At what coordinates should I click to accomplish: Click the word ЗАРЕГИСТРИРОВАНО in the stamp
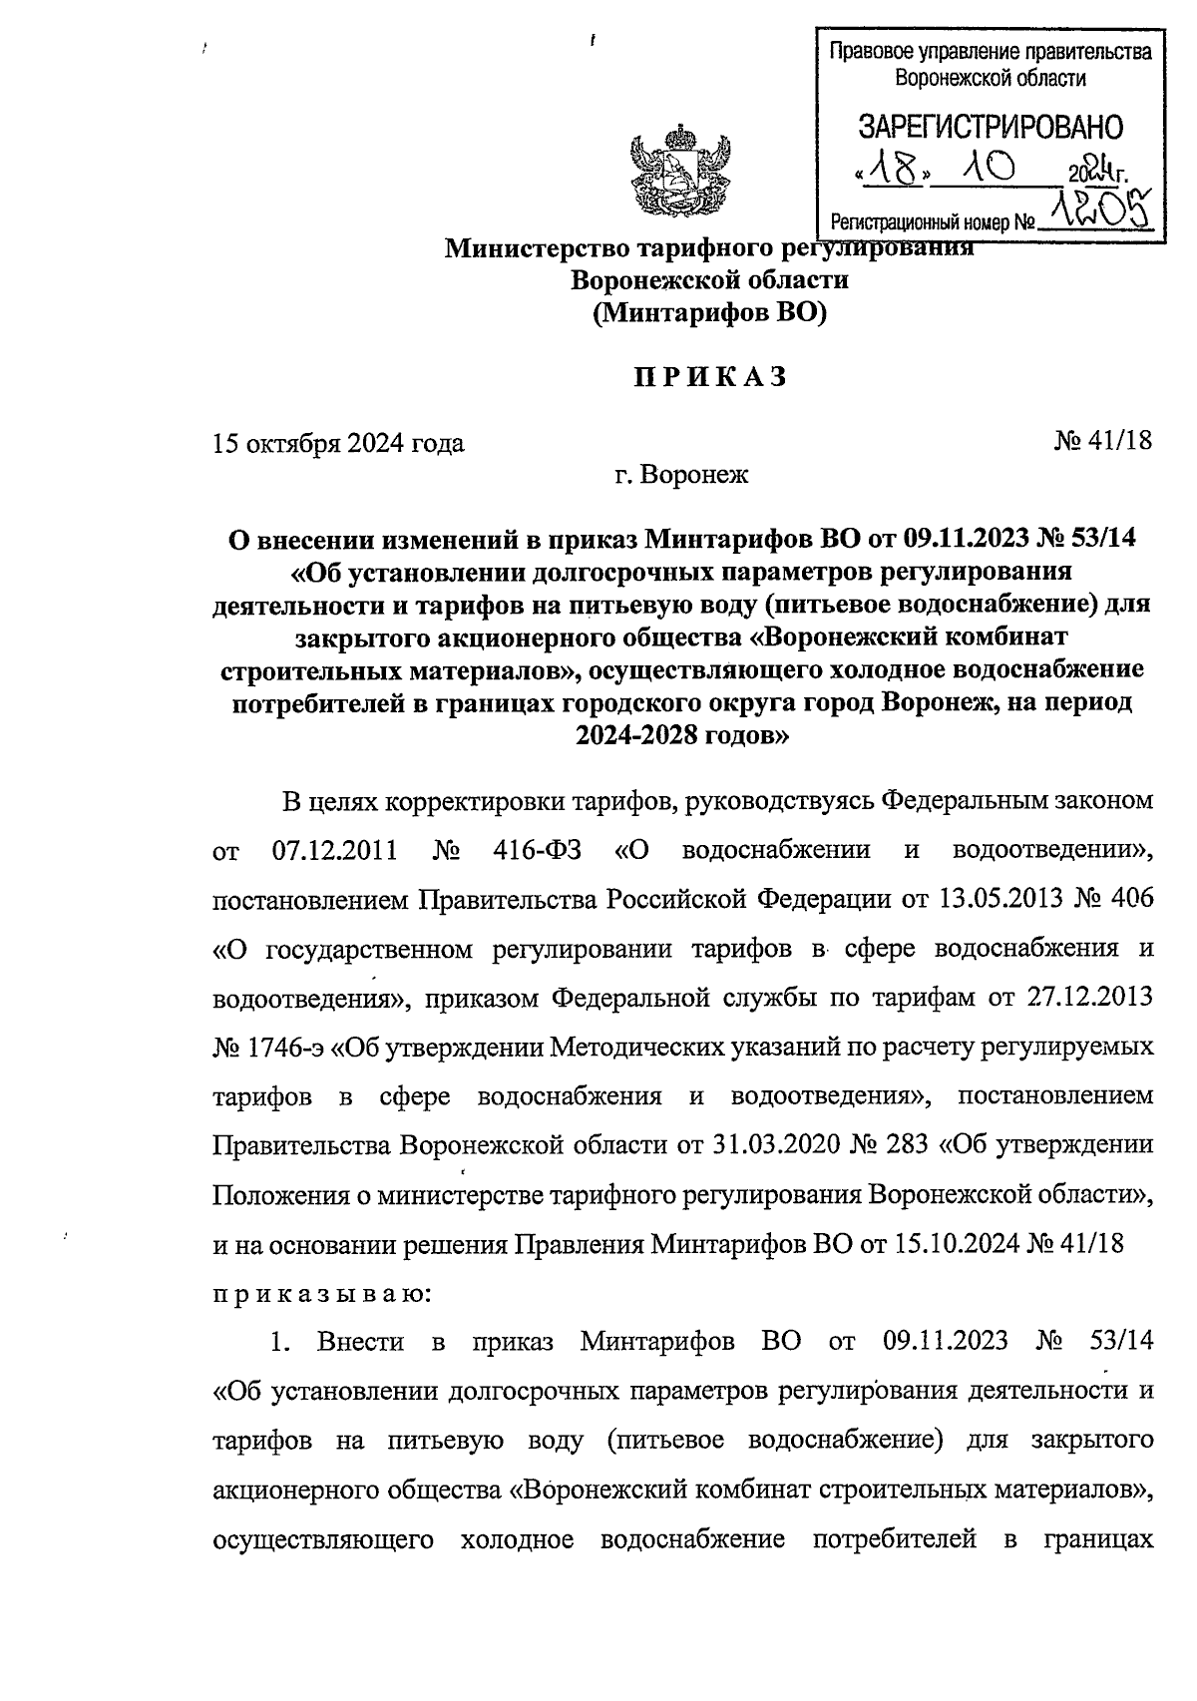click(991, 128)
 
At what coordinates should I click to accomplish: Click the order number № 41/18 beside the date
click(1102, 441)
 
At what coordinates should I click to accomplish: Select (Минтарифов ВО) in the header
click(709, 314)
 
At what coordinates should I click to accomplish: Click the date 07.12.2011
click(335, 851)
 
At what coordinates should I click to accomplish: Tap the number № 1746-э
click(267, 1048)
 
